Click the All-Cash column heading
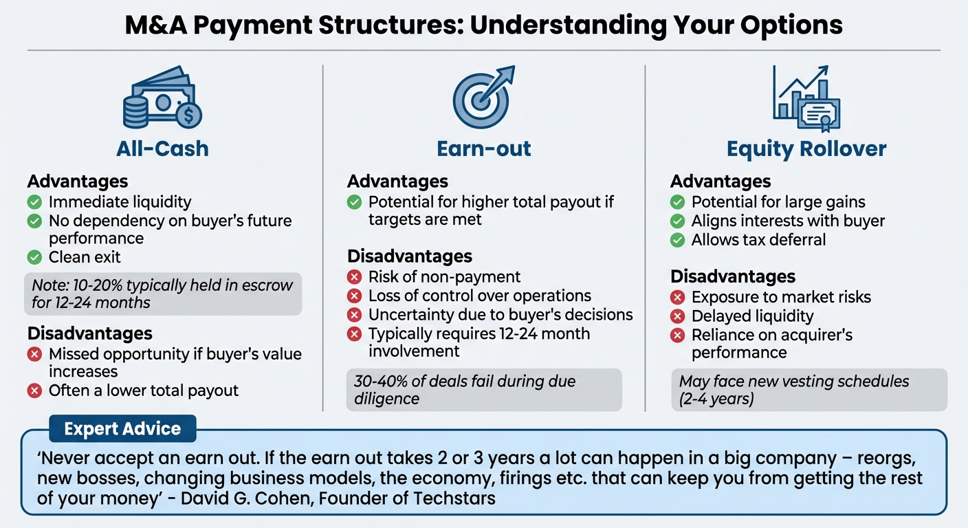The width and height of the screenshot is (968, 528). click(162, 148)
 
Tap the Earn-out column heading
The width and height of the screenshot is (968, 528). click(483, 148)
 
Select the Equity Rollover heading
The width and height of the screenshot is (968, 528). click(806, 149)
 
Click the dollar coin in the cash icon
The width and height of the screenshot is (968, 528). click(188, 115)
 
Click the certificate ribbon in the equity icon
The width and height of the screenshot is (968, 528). click(825, 123)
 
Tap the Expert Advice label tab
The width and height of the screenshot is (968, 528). click(123, 428)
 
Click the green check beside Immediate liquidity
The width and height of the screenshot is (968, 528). click(34, 201)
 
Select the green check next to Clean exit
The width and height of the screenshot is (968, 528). click(34, 257)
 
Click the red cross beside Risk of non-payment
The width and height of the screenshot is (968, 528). click(354, 276)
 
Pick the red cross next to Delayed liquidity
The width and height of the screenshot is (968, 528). click(678, 316)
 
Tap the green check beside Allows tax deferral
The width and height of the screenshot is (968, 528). click(678, 240)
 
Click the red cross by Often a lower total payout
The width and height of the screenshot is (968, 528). click(34, 390)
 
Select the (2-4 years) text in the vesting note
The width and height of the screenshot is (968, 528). click(716, 399)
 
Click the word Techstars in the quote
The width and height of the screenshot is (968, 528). click(454, 498)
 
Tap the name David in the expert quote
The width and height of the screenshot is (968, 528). click(203, 498)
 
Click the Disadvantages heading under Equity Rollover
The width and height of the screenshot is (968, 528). click(733, 276)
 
